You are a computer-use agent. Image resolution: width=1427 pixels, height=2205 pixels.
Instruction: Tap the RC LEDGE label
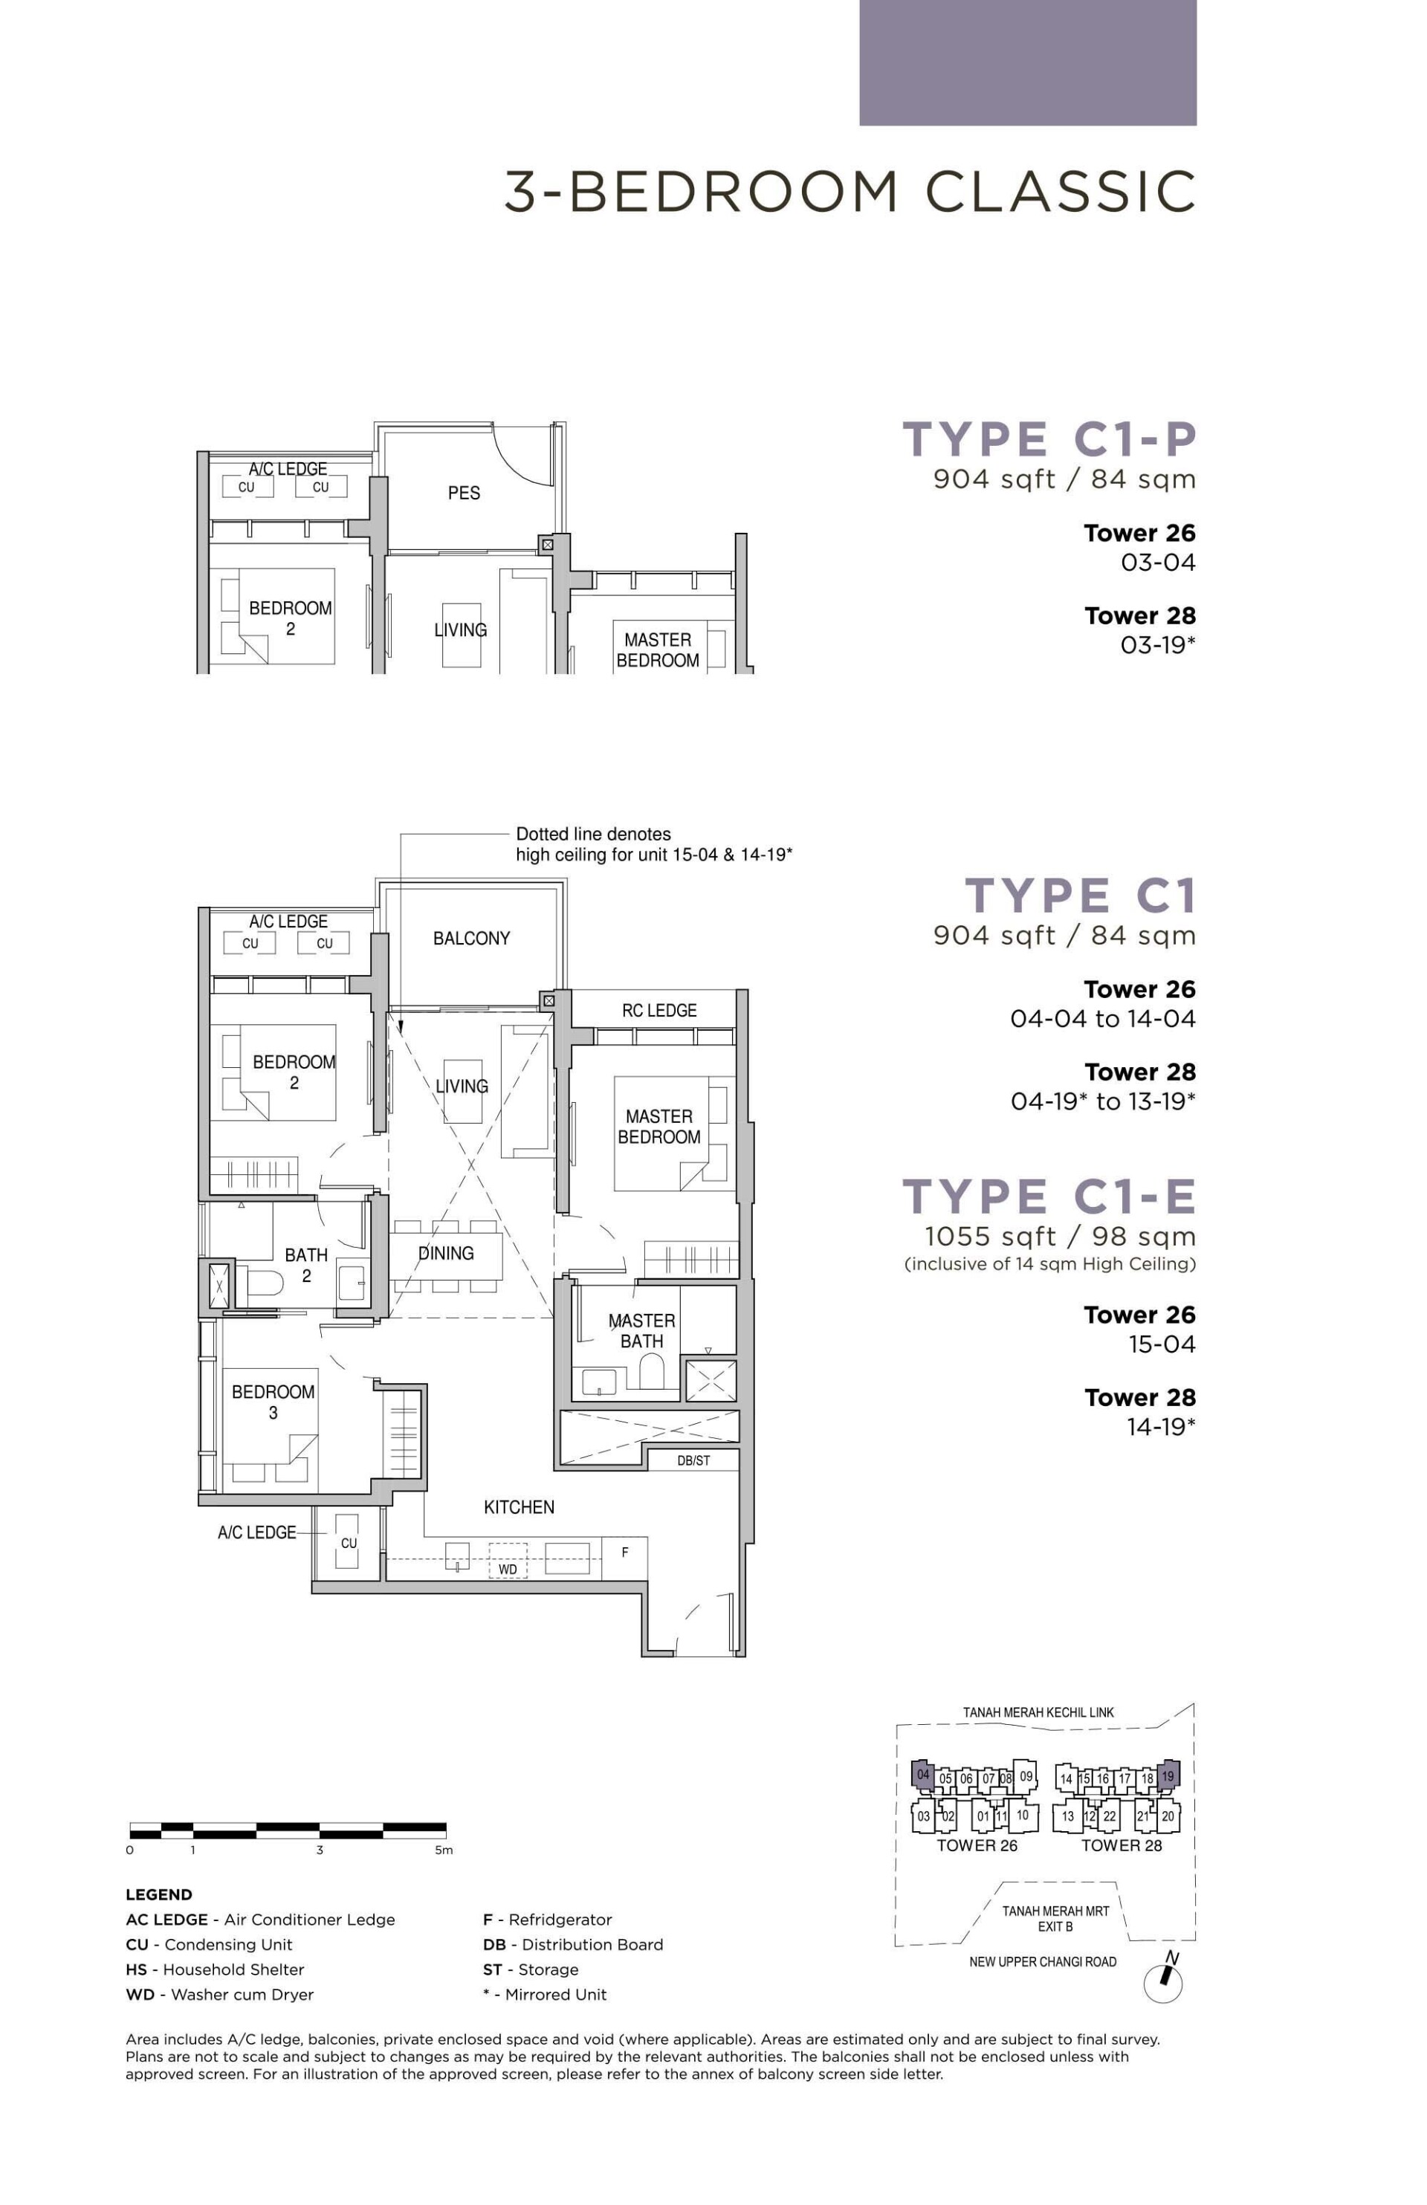(x=659, y=1011)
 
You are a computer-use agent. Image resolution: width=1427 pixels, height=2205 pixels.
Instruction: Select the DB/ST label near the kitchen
(x=693, y=1461)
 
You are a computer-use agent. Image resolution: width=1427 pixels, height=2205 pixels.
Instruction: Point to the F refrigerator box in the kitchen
(x=624, y=1552)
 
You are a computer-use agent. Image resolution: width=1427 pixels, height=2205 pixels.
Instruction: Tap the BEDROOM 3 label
(x=273, y=1402)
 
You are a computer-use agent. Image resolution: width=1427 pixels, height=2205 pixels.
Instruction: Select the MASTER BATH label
(x=641, y=1330)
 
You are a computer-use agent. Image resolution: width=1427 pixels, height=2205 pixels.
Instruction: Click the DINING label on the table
(x=446, y=1254)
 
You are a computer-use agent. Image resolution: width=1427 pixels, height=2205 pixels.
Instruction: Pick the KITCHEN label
(x=519, y=1507)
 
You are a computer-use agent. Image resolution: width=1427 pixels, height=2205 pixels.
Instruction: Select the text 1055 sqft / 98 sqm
(x=1060, y=1237)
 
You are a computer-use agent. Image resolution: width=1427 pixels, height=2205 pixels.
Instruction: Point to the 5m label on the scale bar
(x=444, y=1851)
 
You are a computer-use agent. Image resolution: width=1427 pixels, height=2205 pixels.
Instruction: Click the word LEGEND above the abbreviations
(x=159, y=1894)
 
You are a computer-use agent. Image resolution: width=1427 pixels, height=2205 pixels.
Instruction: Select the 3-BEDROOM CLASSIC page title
(x=850, y=192)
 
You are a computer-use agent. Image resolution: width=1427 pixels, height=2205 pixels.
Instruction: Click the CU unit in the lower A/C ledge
(x=348, y=1544)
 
